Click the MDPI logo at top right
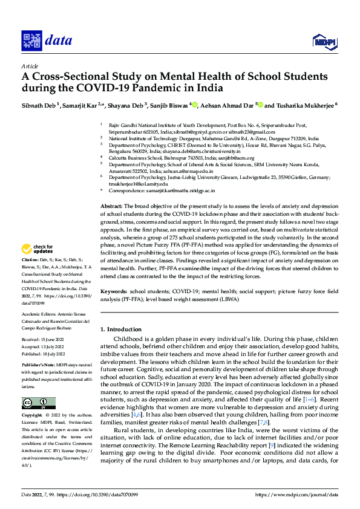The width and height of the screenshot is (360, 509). click(323, 41)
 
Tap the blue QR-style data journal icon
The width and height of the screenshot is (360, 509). click(30, 41)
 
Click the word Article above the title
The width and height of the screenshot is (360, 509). click(29, 65)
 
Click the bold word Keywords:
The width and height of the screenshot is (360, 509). click(114, 291)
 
